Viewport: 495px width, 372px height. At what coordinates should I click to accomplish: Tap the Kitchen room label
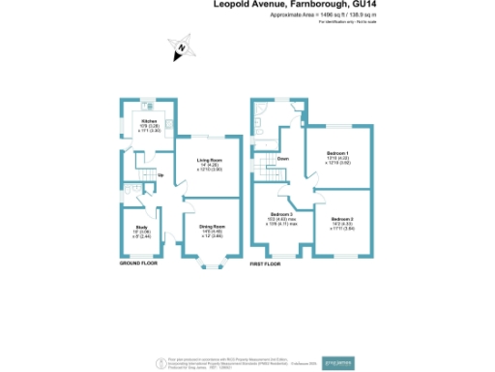point(150,121)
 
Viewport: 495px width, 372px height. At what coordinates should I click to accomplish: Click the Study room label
point(140,200)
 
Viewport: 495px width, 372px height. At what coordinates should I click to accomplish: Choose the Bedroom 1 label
point(336,153)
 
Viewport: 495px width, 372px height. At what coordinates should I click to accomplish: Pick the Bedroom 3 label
point(281,214)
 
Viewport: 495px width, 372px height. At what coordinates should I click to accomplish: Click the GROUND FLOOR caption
point(139,263)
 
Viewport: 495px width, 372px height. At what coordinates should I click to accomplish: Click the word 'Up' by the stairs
point(160,175)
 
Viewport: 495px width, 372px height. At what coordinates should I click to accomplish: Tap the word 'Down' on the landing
point(283,158)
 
